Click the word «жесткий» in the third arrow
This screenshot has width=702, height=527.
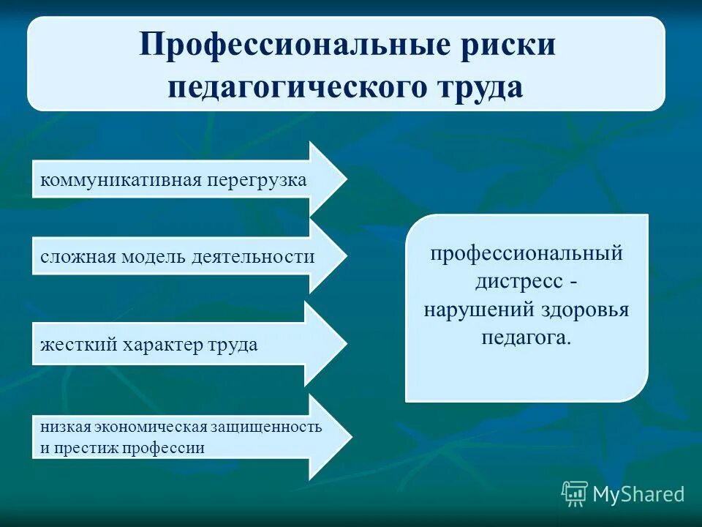click(x=70, y=345)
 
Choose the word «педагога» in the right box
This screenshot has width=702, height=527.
click(x=525, y=337)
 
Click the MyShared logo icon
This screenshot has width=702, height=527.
click(x=575, y=494)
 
